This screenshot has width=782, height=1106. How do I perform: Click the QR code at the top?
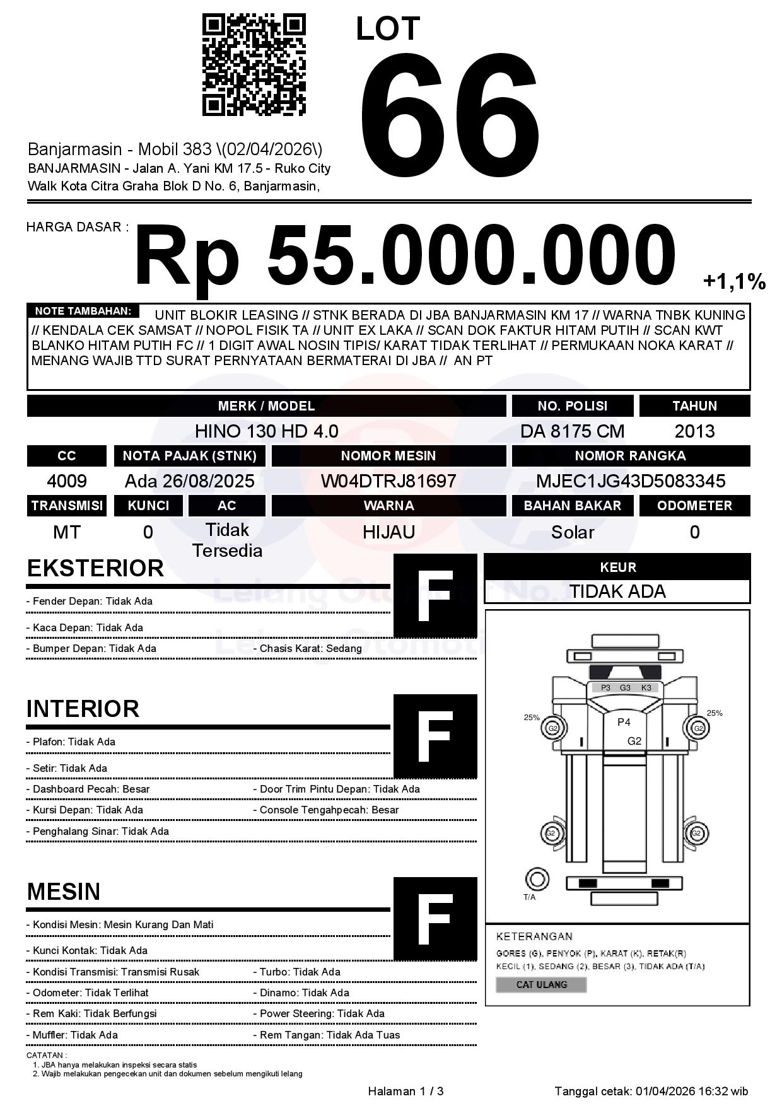pos(254,66)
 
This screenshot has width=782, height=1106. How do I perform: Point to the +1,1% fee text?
pos(734,282)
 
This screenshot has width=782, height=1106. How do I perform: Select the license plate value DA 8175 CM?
pos(572,431)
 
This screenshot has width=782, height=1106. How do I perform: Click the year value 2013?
pos(694,431)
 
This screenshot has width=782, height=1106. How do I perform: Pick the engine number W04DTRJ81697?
pos(388,481)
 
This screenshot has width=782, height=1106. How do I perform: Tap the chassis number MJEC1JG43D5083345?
pos(631,481)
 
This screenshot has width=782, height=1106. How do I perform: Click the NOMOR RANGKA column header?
pos(630,456)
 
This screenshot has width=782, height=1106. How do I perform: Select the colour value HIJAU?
pos(388,532)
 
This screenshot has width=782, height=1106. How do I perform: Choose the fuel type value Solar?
pos(572,532)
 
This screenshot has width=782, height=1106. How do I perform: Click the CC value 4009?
pos(67,481)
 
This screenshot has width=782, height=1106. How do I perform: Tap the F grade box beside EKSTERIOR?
pos(435,596)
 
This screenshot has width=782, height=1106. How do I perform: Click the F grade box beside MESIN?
pos(435,919)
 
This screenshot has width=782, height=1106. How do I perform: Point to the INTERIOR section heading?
pos(83,709)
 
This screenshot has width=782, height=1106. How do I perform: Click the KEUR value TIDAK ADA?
pos(617,591)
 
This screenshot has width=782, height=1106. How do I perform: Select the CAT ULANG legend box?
pos(541,984)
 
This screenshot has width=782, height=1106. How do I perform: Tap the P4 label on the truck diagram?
pos(624,722)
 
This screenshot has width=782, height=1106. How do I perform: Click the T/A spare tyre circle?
pos(537,878)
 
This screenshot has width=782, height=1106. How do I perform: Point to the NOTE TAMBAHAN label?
pos(83,311)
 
